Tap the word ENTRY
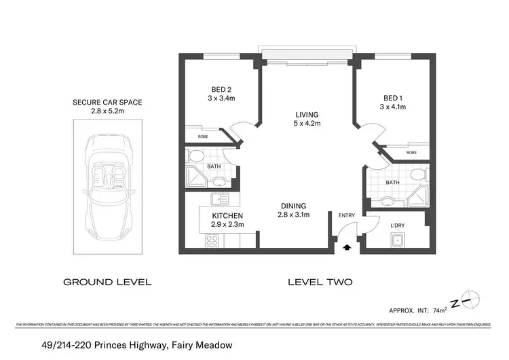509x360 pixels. click(347, 216)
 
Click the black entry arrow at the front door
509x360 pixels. click(348, 249)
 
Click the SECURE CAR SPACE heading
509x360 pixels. click(107, 103)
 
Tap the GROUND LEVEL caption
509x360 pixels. click(107, 281)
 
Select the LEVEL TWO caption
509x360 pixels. click(320, 281)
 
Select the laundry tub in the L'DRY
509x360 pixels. click(396, 240)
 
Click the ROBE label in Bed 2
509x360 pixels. click(203, 137)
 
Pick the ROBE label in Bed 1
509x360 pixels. click(412, 153)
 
